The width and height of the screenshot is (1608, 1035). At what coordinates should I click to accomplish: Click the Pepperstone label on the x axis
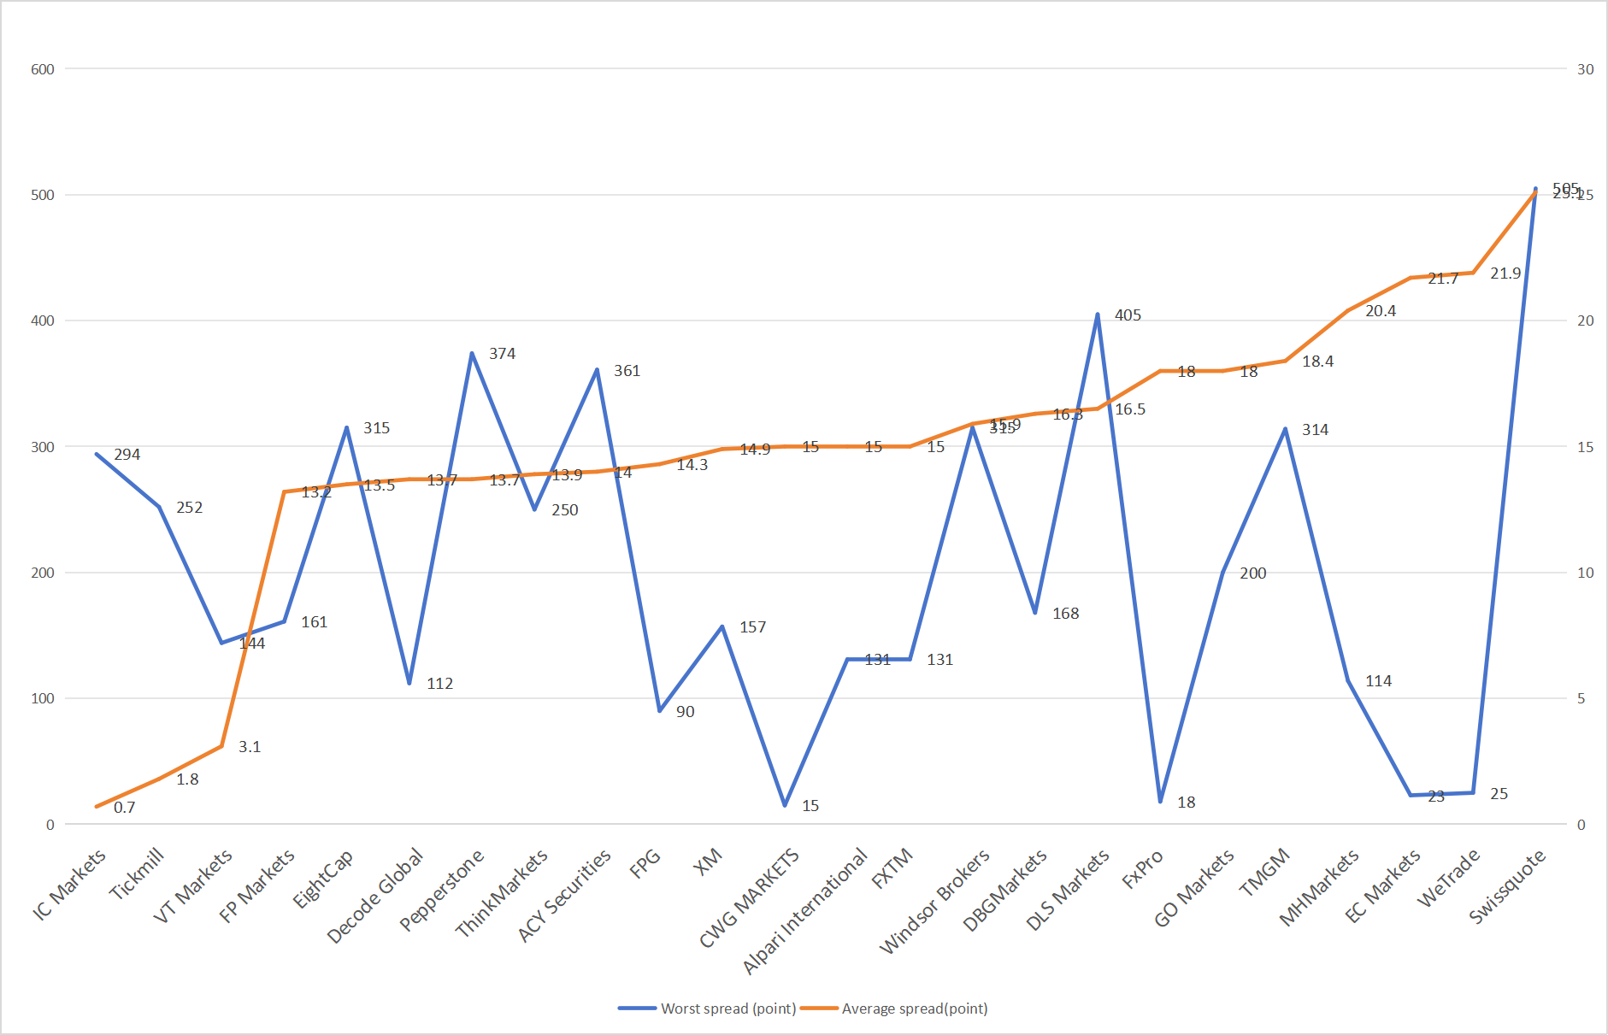click(443, 889)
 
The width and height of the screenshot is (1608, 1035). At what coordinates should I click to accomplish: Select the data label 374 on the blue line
click(502, 354)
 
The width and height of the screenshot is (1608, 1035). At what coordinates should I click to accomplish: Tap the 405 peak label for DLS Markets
click(1128, 315)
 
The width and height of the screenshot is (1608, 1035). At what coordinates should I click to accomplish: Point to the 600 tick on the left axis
click(43, 69)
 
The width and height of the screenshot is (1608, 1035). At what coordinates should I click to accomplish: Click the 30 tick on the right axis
click(1585, 69)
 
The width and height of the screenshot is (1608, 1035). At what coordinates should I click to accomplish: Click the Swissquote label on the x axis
click(1508, 885)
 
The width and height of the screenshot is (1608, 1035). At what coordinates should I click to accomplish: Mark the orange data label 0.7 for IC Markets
click(124, 808)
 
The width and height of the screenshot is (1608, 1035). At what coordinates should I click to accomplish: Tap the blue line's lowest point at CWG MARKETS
click(785, 805)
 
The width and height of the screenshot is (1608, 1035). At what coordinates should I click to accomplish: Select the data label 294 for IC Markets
click(127, 455)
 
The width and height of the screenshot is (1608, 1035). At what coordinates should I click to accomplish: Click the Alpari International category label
click(805, 911)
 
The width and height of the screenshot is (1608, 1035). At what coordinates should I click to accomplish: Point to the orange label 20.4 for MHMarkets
click(1380, 311)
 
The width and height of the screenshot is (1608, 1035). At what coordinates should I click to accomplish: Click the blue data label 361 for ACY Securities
click(627, 371)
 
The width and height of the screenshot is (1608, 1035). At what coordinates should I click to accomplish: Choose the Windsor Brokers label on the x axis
click(934, 901)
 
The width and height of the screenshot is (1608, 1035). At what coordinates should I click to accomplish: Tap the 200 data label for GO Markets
click(1252, 573)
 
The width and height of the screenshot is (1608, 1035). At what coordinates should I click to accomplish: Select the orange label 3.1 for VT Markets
click(250, 747)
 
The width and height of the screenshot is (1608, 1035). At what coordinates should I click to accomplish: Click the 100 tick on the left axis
click(43, 698)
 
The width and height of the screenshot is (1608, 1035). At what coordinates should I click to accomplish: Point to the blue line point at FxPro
click(1160, 802)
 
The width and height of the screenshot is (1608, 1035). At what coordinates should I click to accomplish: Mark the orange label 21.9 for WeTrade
click(1505, 273)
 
